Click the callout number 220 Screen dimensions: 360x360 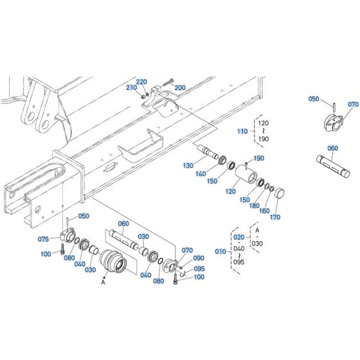pos(141,82)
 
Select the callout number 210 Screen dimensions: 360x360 pos(130,87)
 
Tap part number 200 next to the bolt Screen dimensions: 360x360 pos(179,87)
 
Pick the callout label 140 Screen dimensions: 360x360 pos(202,174)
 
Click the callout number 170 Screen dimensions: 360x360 pos(276,218)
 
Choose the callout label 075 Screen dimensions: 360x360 pos(43,239)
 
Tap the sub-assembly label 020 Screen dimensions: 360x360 pos(239,237)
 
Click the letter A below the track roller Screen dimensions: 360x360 pos(102,282)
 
